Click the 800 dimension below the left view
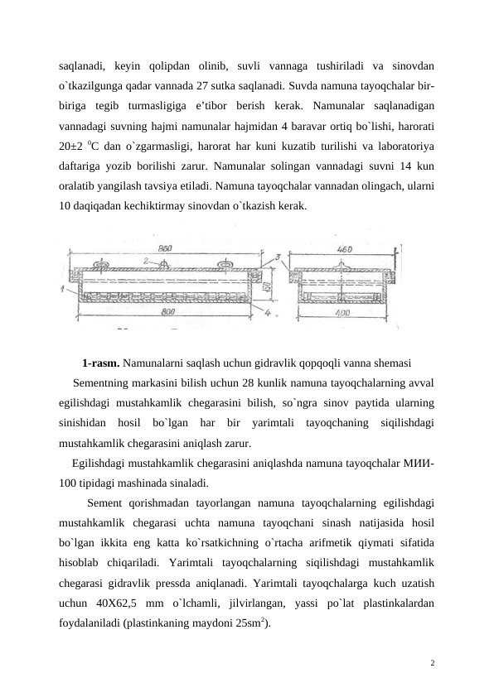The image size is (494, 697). point(166,313)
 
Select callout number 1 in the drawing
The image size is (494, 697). point(63,289)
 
